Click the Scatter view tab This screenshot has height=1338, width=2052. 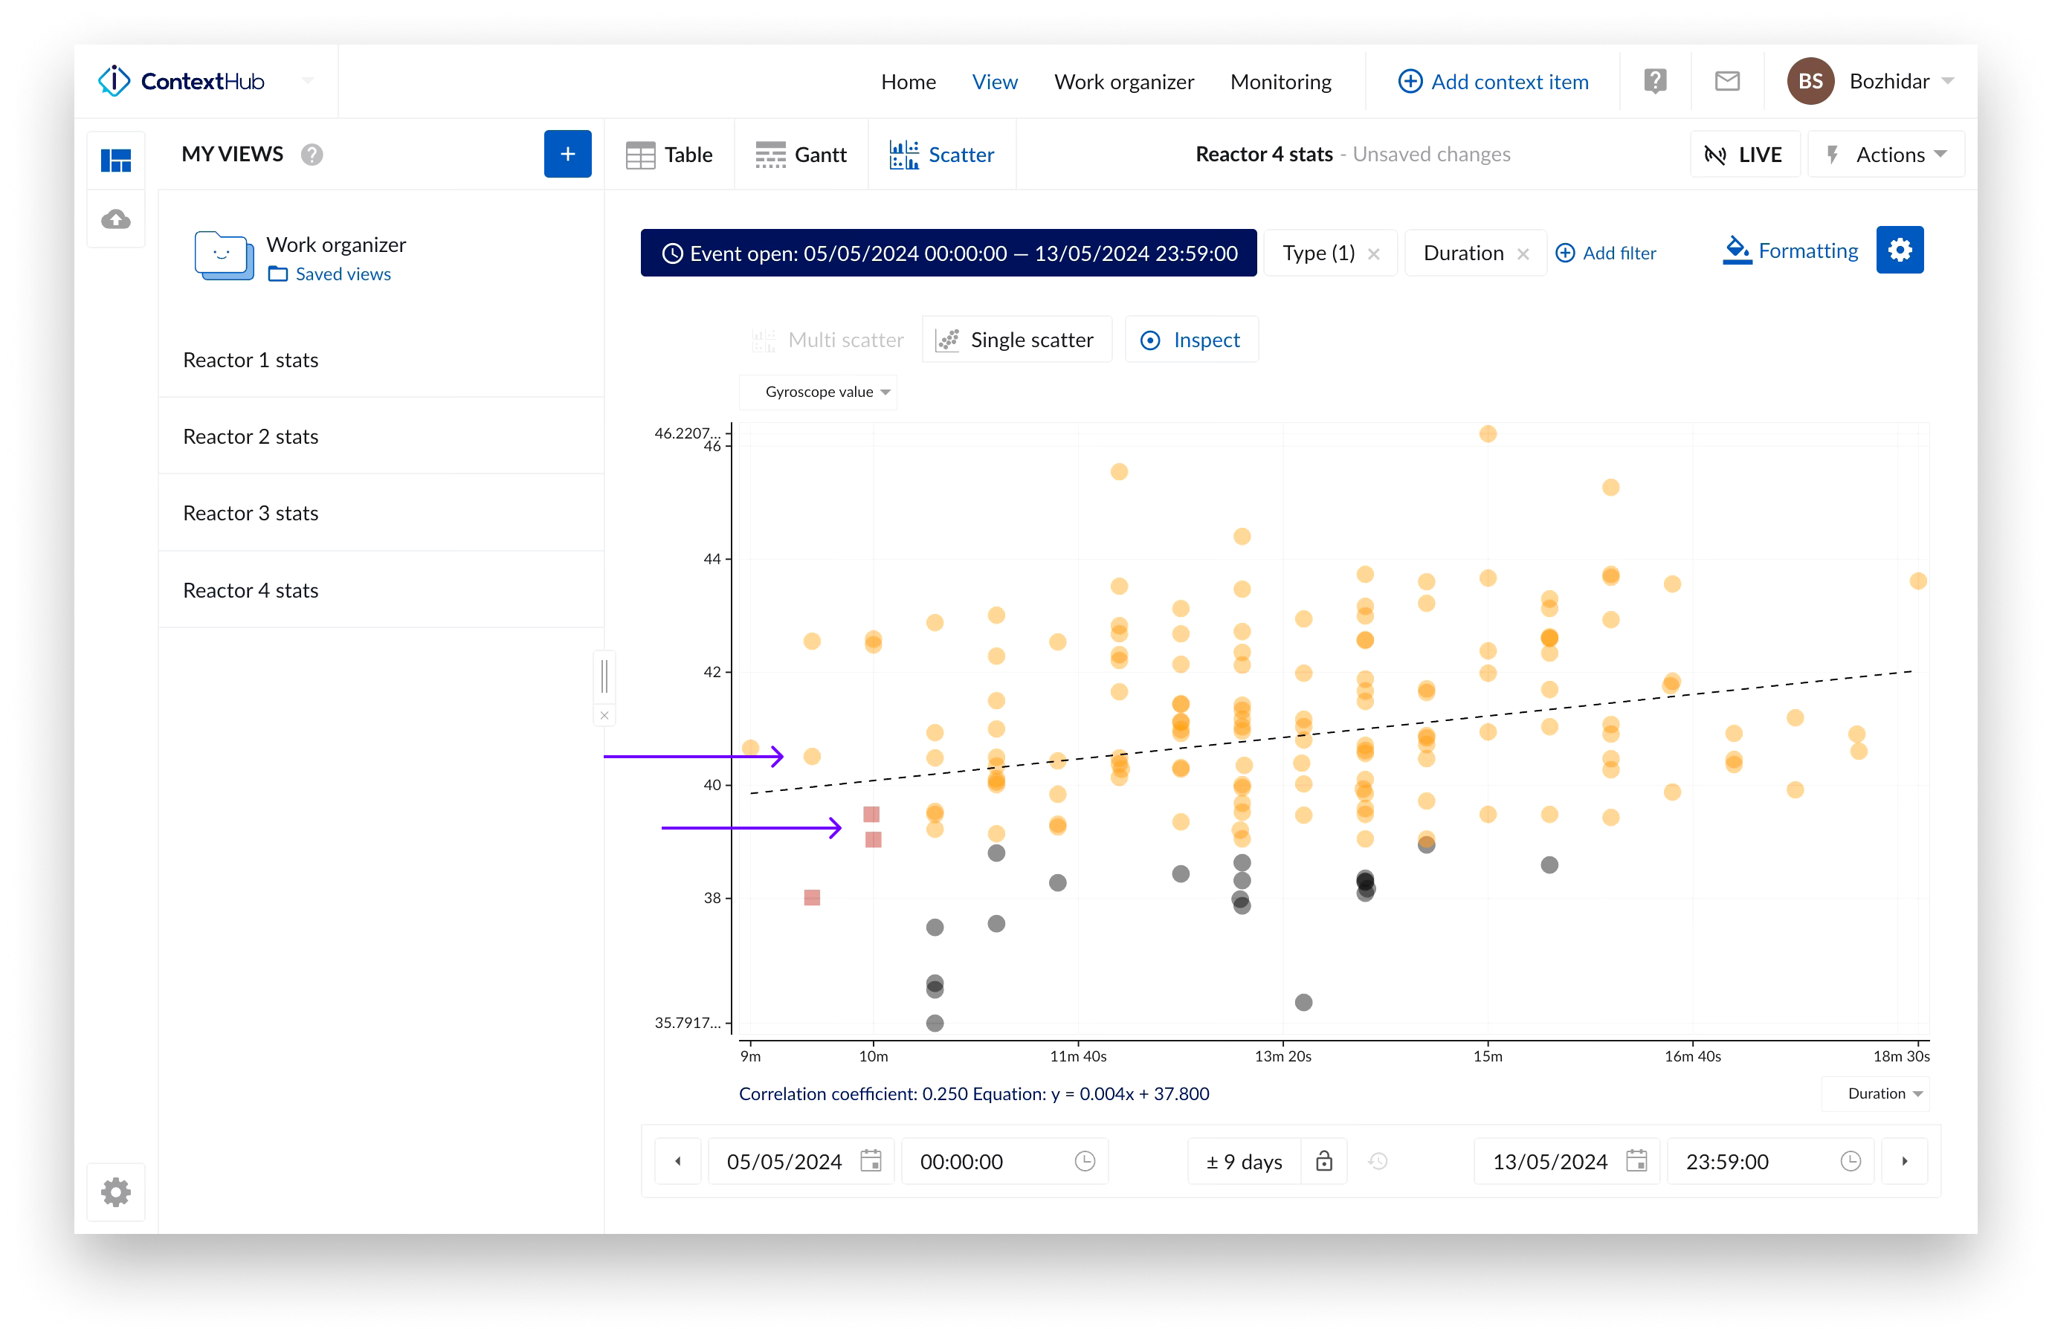click(x=943, y=155)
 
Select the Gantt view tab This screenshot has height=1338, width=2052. click(x=801, y=155)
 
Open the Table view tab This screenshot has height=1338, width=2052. click(x=670, y=155)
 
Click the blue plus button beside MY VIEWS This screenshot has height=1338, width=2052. click(x=567, y=155)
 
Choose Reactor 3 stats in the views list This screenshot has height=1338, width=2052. click(x=251, y=513)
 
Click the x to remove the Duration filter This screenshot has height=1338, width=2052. click(x=1523, y=253)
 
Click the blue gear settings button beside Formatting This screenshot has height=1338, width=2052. click(x=1900, y=250)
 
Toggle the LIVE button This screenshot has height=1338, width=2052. click(x=1744, y=155)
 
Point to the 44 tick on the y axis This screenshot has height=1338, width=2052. click(x=712, y=559)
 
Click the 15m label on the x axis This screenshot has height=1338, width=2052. click(x=1487, y=1056)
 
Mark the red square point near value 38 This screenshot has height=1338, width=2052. click(x=812, y=897)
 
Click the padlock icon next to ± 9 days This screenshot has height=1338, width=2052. click(x=1323, y=1161)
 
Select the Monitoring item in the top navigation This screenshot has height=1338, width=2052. click(x=1280, y=82)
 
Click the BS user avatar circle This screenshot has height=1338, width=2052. click(x=1810, y=82)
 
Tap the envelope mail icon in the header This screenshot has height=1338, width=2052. click(x=1727, y=81)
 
